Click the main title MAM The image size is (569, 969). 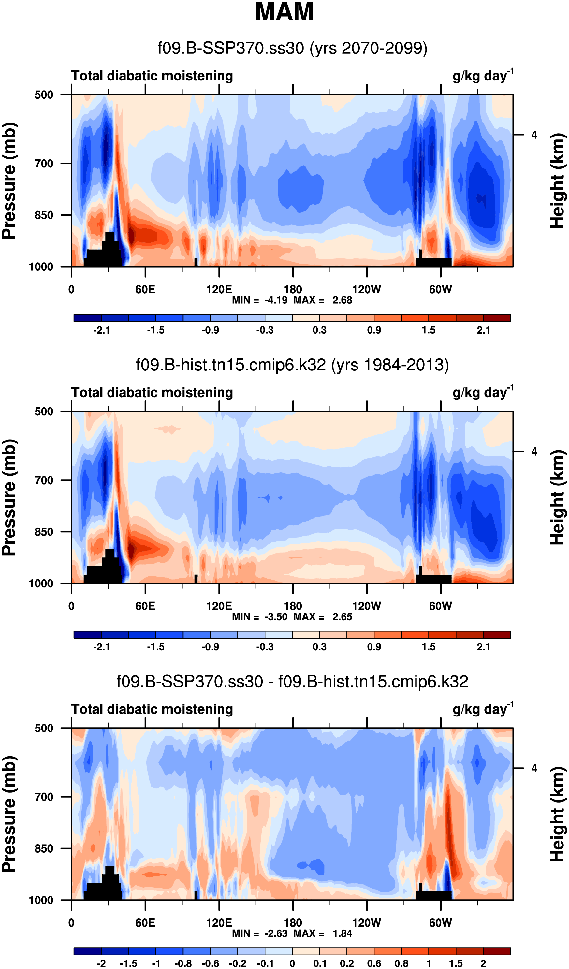click(284, 11)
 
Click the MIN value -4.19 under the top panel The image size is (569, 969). click(276, 300)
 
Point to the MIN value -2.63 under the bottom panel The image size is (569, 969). click(276, 933)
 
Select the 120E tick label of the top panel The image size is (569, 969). click(219, 289)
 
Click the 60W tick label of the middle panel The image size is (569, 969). click(441, 606)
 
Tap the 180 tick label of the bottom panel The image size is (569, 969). click(293, 923)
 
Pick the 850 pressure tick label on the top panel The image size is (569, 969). click(44, 215)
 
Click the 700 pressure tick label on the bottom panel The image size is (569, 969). click(44, 797)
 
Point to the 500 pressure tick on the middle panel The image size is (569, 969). click(44, 412)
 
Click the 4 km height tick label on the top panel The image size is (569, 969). click(534, 135)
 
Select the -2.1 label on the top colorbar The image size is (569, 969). click(102, 330)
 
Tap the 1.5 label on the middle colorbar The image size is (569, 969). click(429, 647)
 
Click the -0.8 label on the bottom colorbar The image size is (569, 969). click(183, 963)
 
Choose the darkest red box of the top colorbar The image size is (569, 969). click(497, 318)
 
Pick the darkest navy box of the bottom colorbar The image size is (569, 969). click(88, 952)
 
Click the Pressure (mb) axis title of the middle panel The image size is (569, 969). click(9, 498)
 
